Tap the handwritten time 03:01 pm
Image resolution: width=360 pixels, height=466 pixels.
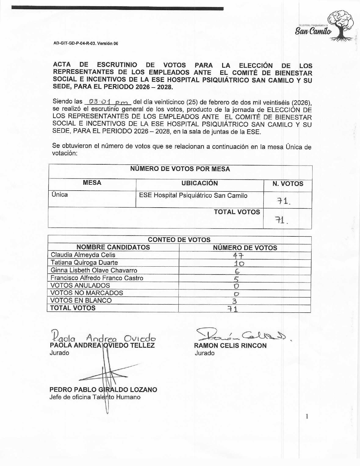point(107,101)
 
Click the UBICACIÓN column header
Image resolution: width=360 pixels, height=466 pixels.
point(200,183)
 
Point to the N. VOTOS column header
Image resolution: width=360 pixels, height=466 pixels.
point(287,184)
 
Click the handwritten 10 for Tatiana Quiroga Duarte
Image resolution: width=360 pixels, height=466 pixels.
point(239,264)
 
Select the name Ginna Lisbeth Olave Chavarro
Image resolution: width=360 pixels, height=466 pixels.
point(94,270)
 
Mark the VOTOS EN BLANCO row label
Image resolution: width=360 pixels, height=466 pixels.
point(81,300)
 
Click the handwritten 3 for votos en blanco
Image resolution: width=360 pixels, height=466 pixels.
point(234,301)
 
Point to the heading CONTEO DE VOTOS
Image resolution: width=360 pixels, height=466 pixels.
point(179,240)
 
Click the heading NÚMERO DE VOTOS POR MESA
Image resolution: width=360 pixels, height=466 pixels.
point(180,169)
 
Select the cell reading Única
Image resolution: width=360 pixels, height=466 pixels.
point(60,195)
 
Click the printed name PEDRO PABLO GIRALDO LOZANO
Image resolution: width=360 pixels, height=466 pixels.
point(103,390)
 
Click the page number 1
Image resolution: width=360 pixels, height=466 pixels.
point(307,416)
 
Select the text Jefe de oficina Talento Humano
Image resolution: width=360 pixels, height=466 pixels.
point(95,397)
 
